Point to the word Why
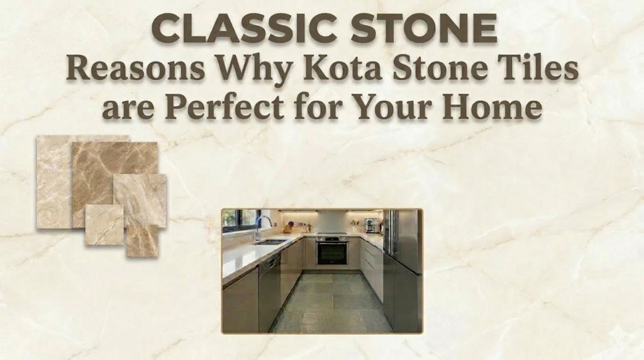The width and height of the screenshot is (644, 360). coord(253,70)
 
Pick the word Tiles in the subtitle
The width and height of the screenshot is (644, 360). coord(540,70)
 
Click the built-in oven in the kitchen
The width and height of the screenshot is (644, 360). coord(331,251)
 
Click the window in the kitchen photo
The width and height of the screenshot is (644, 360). coord(240,218)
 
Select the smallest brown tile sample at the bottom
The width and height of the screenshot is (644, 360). coord(142,242)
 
